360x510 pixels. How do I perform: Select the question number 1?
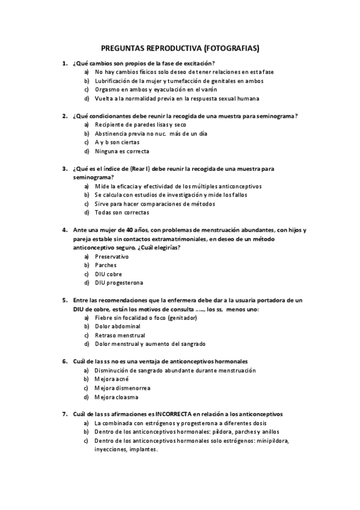(64, 63)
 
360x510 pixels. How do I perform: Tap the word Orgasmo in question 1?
(108, 89)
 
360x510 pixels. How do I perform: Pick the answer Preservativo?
(112, 256)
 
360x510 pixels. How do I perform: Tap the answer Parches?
(106, 265)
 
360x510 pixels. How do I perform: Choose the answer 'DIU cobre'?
(108, 274)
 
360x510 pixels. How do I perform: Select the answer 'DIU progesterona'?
(119, 283)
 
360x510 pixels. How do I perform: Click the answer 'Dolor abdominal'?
(117, 326)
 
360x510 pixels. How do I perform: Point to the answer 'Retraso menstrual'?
(120, 335)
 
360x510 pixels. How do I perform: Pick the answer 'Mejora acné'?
(112, 379)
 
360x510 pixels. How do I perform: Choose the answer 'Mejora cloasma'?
(116, 397)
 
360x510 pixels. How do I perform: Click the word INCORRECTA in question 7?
(172, 414)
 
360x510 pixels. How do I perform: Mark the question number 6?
(64, 361)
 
